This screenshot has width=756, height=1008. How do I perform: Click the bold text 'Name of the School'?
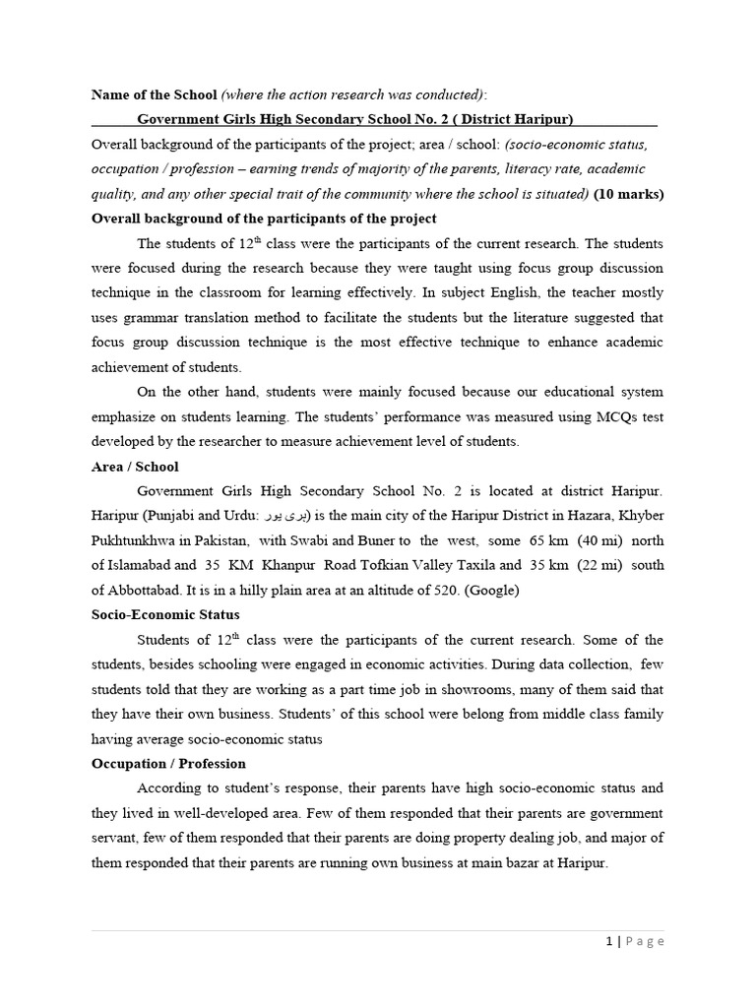[154, 94]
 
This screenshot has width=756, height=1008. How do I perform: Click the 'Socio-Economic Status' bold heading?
[163, 615]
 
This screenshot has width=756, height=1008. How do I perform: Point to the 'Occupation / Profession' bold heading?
[168, 763]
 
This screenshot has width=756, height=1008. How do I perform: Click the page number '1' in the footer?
[610, 941]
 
